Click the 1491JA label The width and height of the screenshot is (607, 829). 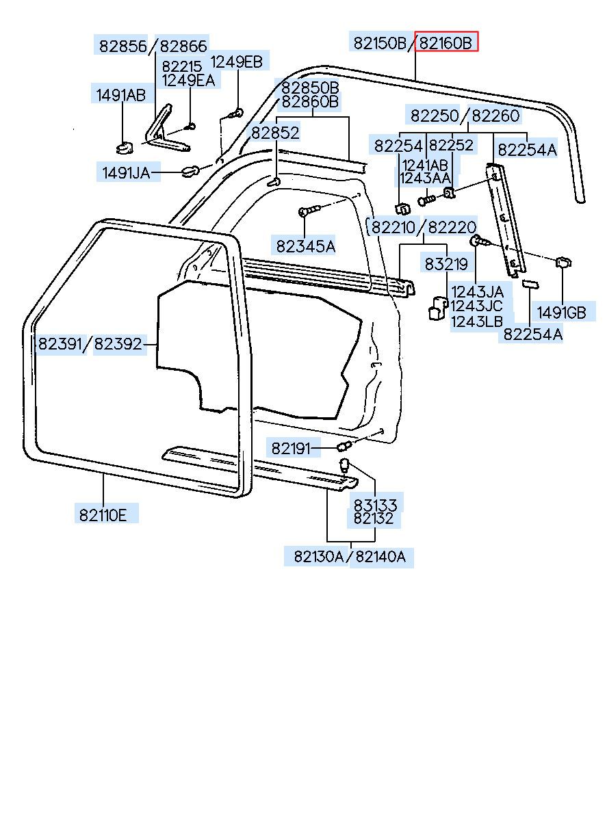point(127,172)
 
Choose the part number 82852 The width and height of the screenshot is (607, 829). point(276,132)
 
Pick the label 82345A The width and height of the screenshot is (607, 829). point(305,246)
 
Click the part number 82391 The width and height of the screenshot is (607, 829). point(60,343)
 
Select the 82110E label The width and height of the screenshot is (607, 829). point(103,514)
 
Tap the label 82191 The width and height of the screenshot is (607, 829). point(291,448)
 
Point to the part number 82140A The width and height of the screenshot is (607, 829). point(380,566)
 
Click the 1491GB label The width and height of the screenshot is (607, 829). point(561,312)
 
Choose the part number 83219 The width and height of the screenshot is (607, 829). point(446,263)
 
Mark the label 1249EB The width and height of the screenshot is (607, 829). point(236,61)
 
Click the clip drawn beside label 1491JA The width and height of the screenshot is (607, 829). point(190,171)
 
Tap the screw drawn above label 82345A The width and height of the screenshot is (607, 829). point(309,211)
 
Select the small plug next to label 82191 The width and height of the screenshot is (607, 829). point(344,447)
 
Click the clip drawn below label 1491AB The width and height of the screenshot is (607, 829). point(124,147)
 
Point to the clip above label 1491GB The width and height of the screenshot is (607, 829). point(563,263)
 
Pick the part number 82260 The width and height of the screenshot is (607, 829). point(496,115)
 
